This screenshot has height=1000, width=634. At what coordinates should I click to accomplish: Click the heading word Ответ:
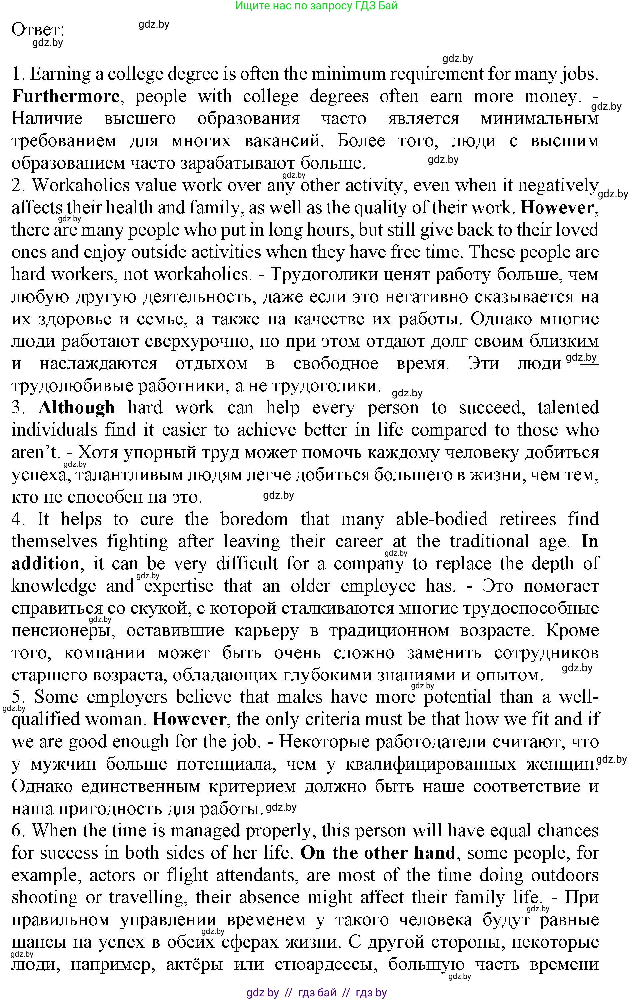coord(38,30)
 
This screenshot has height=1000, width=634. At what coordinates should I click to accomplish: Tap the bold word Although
coord(77,408)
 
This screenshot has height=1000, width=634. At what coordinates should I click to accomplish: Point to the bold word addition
coord(45,564)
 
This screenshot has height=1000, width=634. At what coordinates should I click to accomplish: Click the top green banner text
coord(317,6)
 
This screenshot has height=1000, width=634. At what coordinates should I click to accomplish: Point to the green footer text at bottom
coord(317,992)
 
